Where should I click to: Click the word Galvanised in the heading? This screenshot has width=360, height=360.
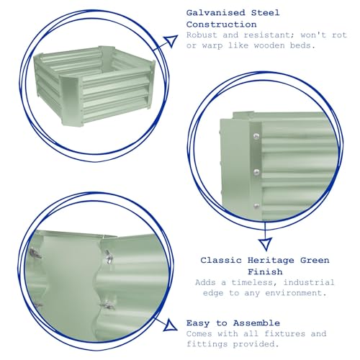point(215,13)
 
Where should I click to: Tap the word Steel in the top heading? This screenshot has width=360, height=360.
point(265,13)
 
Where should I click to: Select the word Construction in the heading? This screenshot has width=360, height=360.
point(221,24)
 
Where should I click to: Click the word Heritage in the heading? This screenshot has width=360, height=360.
point(271,261)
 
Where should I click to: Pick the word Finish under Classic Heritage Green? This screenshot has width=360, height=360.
point(265,272)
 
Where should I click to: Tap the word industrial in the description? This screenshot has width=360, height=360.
point(309,282)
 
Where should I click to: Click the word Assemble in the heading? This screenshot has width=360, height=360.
point(256,323)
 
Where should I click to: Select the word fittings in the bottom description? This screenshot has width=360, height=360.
point(207,344)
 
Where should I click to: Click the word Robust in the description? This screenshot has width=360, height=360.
point(202,35)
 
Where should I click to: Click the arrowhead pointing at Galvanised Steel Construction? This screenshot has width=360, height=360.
point(171,40)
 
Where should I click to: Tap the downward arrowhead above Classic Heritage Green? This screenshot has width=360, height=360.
point(265,244)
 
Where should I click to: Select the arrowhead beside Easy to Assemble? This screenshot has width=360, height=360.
point(171,325)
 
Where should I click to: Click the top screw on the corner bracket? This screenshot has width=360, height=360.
point(256,136)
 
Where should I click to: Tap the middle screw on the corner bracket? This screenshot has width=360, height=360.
point(256,172)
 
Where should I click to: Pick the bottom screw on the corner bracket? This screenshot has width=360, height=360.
point(256,206)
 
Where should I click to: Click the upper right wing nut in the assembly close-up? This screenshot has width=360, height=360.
point(108,256)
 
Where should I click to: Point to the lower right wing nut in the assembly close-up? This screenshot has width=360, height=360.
point(107,305)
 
